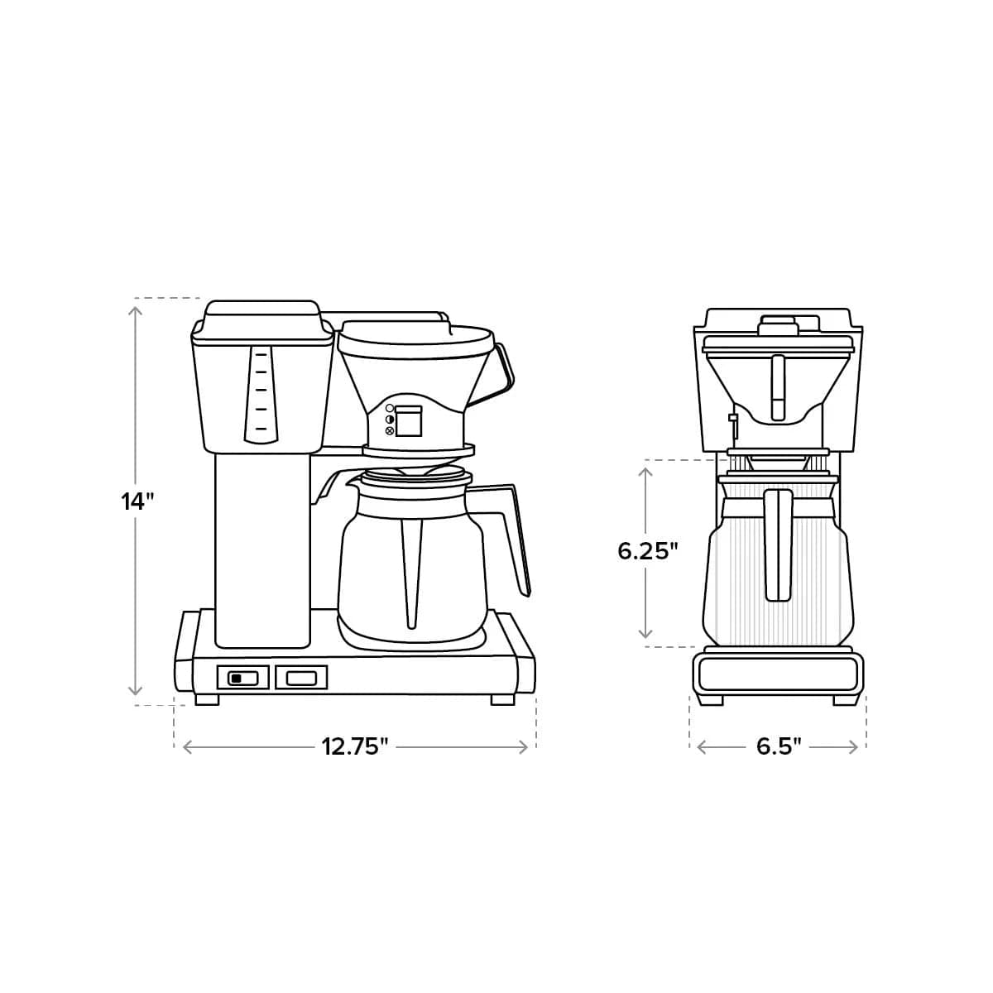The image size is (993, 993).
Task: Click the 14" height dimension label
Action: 138,501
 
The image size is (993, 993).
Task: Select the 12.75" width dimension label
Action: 355,746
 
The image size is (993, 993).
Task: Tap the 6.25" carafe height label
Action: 648,551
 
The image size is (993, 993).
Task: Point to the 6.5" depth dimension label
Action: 779,746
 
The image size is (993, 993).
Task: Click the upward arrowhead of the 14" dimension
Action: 136,311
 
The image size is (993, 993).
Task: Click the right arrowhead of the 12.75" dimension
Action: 523,747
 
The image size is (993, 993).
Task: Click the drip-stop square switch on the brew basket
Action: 407,421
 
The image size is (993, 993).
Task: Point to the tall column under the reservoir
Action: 263,550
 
